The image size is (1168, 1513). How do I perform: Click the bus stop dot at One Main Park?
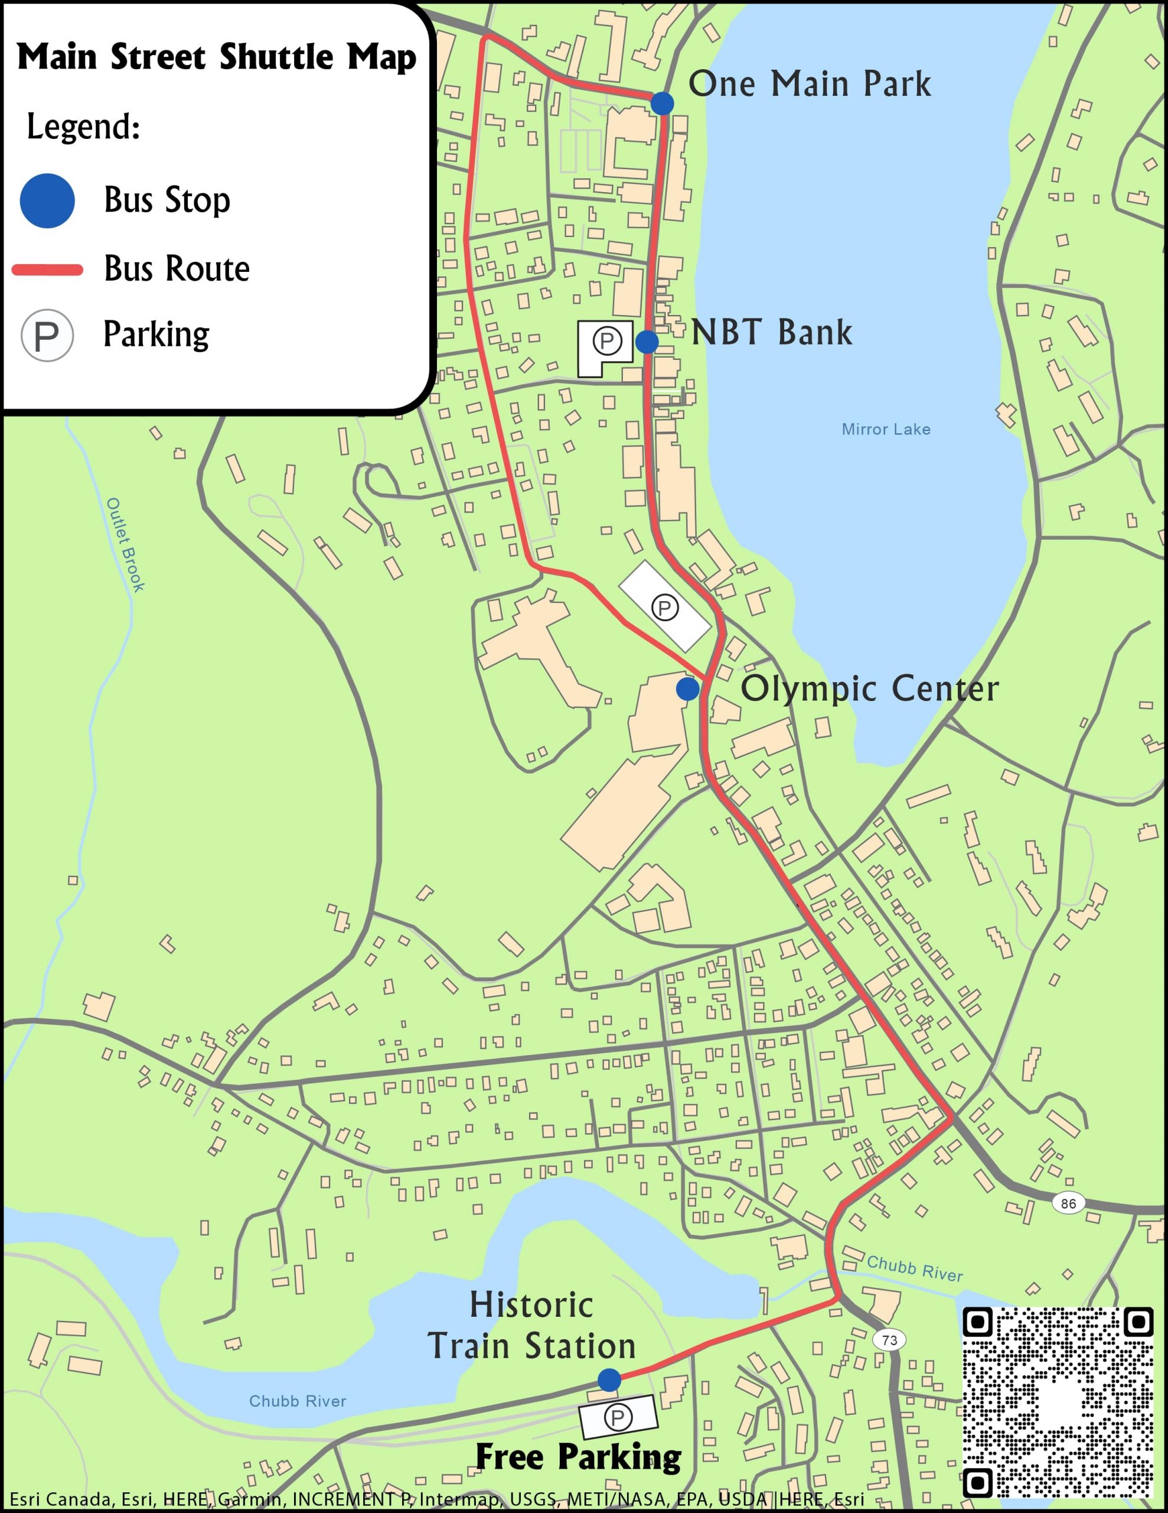tap(662, 103)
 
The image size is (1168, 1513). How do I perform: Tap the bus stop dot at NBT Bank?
tap(647, 342)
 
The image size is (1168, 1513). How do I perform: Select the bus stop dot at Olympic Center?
tap(687, 689)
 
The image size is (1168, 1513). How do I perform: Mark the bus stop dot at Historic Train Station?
tap(609, 1379)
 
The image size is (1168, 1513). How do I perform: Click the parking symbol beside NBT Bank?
tap(607, 341)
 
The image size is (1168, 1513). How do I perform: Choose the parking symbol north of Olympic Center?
tap(665, 608)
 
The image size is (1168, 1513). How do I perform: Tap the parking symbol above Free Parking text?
tap(618, 1417)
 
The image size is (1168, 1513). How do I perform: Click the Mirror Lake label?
tap(886, 430)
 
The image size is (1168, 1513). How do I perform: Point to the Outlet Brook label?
tap(125, 544)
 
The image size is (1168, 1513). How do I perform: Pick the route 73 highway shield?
tap(890, 1340)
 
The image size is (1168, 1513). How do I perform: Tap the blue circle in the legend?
tap(47, 201)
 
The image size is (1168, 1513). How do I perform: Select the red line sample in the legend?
tap(47, 270)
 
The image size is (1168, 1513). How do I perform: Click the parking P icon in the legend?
tap(47, 336)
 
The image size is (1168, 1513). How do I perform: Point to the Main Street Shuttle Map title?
tap(217, 57)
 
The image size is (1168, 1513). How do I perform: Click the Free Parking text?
tap(578, 1456)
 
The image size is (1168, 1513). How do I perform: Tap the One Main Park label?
tap(810, 84)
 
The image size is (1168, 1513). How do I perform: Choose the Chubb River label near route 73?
tap(914, 1268)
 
